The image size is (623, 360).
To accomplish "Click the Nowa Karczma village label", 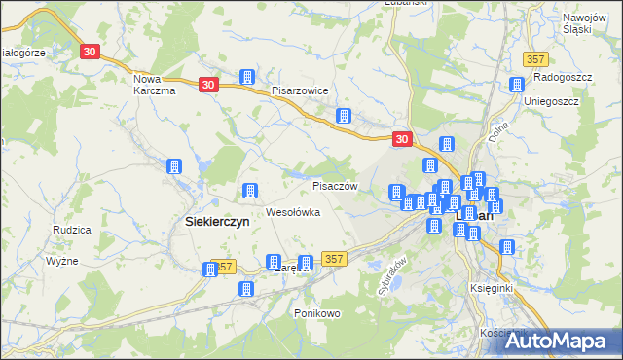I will [153, 85].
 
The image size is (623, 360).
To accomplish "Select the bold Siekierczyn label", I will [217, 222].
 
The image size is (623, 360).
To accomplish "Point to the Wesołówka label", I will [293, 212].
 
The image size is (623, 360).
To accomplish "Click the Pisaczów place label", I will [336, 186].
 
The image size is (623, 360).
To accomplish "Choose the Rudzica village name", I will [73, 231].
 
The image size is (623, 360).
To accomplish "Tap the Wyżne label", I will [63, 262].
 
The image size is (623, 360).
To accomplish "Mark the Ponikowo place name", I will [316, 313].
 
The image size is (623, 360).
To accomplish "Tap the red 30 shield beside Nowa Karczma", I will [90, 50].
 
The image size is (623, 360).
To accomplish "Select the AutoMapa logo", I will [559, 342].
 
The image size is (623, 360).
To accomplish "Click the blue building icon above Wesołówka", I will [249, 191].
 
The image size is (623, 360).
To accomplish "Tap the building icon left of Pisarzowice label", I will [247, 77].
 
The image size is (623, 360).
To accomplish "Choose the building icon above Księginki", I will [506, 247].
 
